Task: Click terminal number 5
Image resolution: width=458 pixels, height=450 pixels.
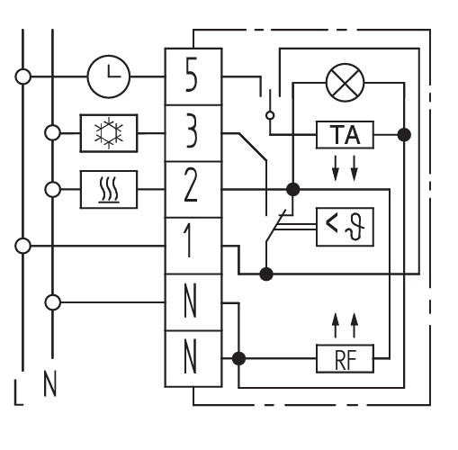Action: [x=191, y=75]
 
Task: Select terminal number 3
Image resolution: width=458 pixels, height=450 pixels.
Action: [x=191, y=130]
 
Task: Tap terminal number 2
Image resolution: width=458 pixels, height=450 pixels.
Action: [x=191, y=184]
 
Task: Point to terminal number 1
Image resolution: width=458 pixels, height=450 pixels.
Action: [x=188, y=240]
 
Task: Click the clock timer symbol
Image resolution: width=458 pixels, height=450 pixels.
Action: [x=109, y=76]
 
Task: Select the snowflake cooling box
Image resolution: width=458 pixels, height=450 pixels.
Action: [x=109, y=133]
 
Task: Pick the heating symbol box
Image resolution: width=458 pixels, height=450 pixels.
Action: [x=109, y=189]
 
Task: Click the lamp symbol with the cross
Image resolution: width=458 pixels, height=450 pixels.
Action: [x=345, y=83]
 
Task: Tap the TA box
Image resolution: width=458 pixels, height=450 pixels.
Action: [x=345, y=135]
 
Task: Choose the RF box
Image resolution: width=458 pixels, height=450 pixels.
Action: [x=345, y=358]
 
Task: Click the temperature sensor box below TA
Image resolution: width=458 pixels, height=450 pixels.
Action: [x=345, y=227]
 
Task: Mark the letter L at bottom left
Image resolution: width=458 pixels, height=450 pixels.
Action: [x=19, y=392]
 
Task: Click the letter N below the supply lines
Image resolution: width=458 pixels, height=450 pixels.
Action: [x=49, y=383]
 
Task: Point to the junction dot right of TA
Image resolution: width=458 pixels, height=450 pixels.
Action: [x=404, y=135]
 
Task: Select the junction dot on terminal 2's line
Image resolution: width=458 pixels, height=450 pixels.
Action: [x=292, y=190]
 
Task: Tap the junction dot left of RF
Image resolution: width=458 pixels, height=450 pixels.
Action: [x=238, y=358]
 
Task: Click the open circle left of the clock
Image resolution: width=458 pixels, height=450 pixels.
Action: [x=22, y=76]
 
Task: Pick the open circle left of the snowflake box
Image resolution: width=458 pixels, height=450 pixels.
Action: [x=52, y=133]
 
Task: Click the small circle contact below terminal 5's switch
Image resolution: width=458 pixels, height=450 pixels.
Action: [x=270, y=115]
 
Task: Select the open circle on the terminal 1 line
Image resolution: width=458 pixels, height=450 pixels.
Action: [x=22, y=246]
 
